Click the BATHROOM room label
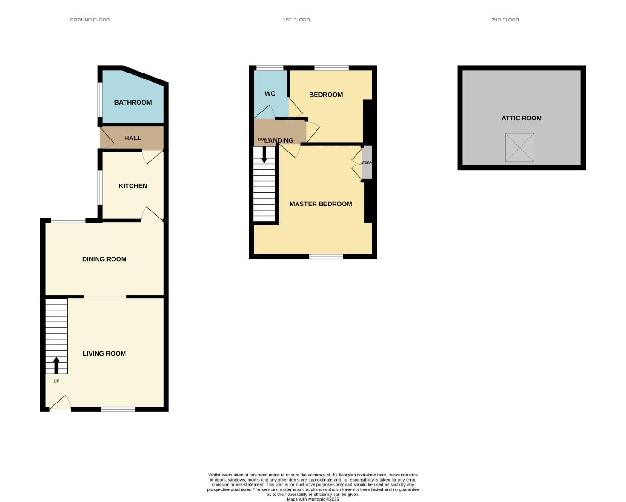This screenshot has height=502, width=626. pyautogui.click(x=133, y=102)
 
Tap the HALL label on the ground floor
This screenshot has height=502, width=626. pyautogui.click(x=132, y=138)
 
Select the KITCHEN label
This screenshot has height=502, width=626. pyautogui.click(x=133, y=186)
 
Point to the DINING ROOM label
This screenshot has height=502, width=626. pyautogui.click(x=104, y=259)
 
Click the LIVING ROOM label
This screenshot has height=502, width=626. pyautogui.click(x=104, y=353)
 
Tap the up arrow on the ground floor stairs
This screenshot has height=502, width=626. pyautogui.click(x=56, y=365)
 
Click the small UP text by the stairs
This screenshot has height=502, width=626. pyautogui.click(x=56, y=381)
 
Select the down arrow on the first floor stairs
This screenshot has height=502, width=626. pyautogui.click(x=264, y=155)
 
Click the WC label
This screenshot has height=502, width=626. pyautogui.click(x=270, y=93)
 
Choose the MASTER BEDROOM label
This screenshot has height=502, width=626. pyautogui.click(x=321, y=204)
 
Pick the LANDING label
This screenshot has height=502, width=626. pyautogui.click(x=279, y=140)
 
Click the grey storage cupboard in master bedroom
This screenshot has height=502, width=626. pyautogui.click(x=367, y=163)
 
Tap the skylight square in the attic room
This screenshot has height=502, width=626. pyautogui.click(x=519, y=148)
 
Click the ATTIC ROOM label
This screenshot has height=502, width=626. pyautogui.click(x=521, y=118)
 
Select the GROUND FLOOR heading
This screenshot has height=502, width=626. pyautogui.click(x=90, y=20)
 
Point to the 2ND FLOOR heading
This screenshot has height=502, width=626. pyautogui.click(x=505, y=20)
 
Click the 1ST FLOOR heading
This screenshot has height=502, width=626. pyautogui.click(x=296, y=20)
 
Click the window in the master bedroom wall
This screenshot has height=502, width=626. pyautogui.click(x=326, y=256)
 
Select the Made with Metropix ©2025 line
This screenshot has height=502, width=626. pyautogui.click(x=313, y=499)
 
